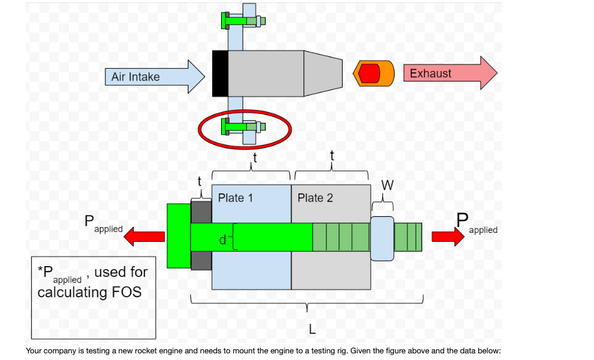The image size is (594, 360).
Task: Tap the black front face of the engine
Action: [220, 73]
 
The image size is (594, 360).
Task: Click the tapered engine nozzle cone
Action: [323, 73]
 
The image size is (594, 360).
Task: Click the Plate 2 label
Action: [315, 198]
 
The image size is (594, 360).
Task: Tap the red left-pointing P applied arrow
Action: [145, 238]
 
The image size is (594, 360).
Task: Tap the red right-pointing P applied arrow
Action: [448, 236]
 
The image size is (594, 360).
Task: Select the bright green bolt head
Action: [178, 237]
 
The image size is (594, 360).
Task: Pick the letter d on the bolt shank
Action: [223, 240]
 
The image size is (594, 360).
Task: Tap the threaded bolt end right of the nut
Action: [408, 237]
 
